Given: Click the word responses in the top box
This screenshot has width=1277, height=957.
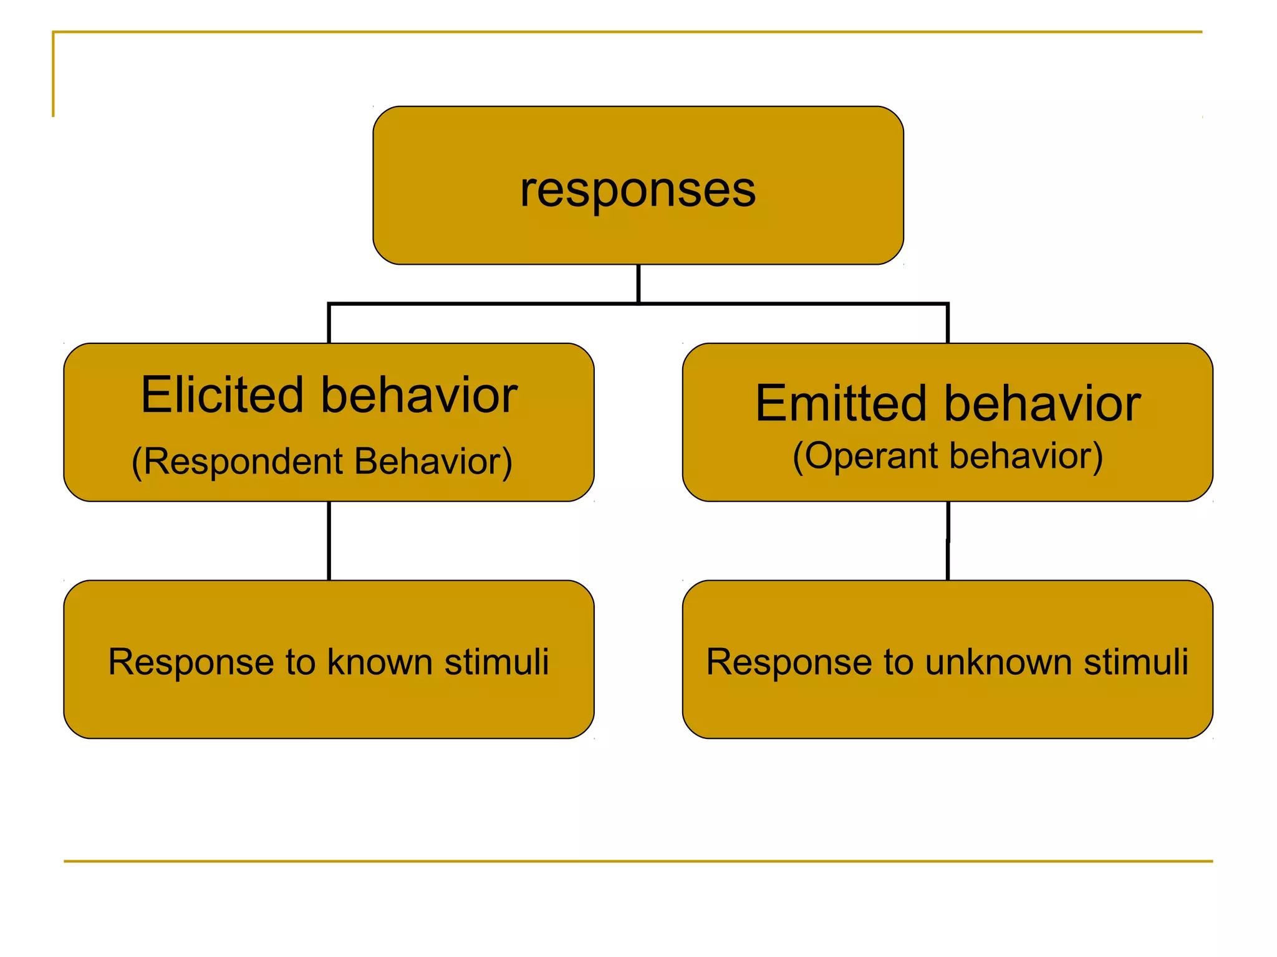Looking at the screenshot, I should click(638, 190).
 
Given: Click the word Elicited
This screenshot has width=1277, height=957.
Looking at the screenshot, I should click(222, 395).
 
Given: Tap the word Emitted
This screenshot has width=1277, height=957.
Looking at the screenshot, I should click(841, 404).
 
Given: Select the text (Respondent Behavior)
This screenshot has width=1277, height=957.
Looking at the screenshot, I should click(322, 462).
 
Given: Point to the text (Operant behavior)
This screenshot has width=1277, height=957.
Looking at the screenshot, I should click(948, 456).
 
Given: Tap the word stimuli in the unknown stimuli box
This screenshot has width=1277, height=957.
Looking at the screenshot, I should click(1136, 662).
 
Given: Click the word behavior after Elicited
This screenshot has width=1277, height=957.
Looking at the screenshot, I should click(419, 395).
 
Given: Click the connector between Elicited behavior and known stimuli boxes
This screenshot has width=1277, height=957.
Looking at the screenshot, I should click(329, 541).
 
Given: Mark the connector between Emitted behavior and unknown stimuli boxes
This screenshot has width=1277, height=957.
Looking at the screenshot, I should click(948, 541).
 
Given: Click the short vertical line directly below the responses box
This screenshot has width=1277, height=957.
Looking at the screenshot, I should click(638, 283).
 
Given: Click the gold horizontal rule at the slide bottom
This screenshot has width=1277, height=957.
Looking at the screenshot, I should click(638, 861).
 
